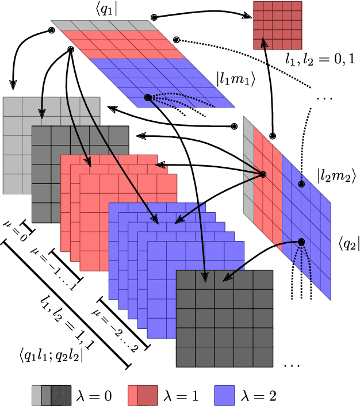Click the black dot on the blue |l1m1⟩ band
(147, 98)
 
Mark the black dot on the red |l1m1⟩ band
(70, 50)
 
